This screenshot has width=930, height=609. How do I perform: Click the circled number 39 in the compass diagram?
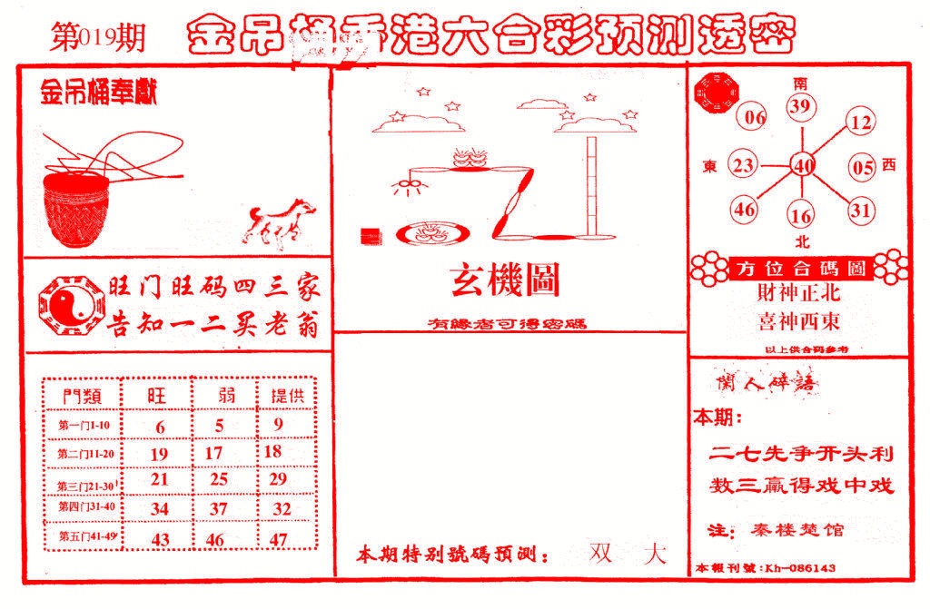point(800,108)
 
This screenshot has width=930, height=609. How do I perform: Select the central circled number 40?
point(803,165)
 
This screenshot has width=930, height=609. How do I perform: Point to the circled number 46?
point(745,210)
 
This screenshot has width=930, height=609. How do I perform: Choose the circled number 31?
point(860,211)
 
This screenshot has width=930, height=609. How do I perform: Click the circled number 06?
point(755,117)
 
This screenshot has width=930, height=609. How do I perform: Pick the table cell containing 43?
point(160,538)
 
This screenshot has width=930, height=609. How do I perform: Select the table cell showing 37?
point(218,508)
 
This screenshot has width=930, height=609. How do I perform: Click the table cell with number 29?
point(278,478)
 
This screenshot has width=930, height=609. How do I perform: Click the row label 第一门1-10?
point(83,426)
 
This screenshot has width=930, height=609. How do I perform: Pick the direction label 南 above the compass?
point(800,83)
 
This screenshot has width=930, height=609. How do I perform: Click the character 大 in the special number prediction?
point(654,554)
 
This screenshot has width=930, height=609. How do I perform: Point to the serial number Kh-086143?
point(800,568)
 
